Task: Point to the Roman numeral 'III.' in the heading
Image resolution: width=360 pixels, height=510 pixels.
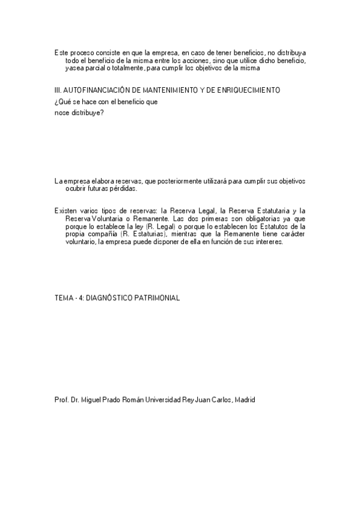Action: coord(58,90)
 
